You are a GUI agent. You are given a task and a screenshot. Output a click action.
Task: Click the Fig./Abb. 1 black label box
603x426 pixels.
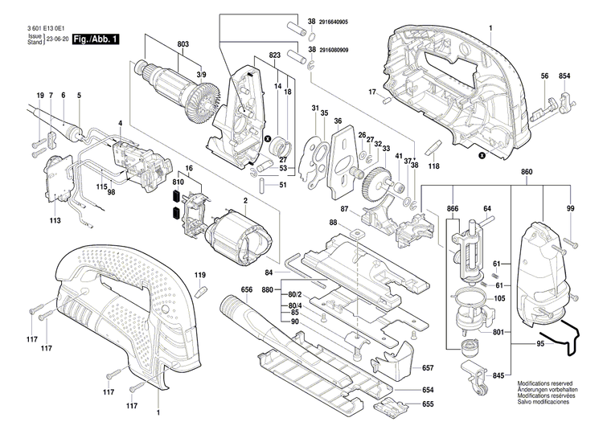pos(95,39)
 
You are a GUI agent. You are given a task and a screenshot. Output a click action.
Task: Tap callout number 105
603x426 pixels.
pos(499,298)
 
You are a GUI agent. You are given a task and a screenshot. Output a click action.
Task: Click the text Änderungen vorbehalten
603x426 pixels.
pos(552,391)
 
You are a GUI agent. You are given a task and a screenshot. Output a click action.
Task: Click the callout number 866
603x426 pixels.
pos(453,208)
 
